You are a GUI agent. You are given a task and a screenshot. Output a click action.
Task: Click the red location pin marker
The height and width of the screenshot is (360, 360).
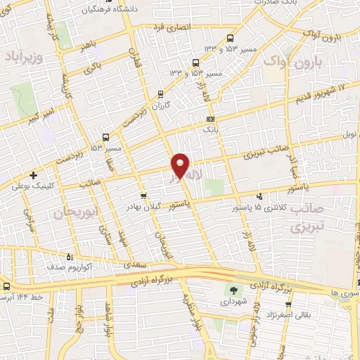point(181,166)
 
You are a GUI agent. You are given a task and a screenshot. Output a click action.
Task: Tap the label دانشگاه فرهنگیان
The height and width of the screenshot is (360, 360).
point(101,10)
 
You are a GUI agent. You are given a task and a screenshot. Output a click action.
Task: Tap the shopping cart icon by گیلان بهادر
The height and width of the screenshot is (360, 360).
point(143,196)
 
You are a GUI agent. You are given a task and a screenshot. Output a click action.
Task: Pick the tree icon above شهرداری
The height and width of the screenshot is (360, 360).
point(233,290)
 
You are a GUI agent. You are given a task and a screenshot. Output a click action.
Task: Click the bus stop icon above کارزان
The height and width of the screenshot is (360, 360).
point(161,94)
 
